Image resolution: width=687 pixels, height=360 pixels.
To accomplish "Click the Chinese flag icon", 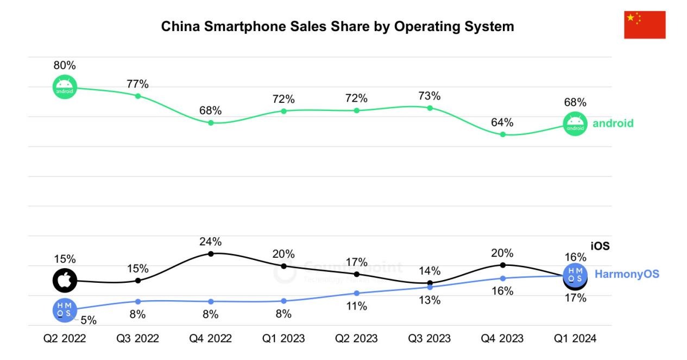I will pos(645,24).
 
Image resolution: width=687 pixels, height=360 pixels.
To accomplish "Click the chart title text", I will pos(337,26).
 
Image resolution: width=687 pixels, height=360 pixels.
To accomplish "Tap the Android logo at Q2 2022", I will pos(65,87).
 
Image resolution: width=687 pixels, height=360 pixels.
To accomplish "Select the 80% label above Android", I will pos(65,65).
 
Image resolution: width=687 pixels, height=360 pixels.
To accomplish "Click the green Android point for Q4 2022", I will pos(211,123).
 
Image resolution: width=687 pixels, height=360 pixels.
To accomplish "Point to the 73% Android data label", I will pos(430,96).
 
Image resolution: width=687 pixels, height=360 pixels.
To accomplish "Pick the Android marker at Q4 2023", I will pos(503,134).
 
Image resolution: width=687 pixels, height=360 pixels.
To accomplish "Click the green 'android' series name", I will pos(613,123).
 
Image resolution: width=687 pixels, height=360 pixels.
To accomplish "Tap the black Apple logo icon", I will pos(65,281).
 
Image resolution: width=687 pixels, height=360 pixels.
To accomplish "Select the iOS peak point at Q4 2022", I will pos(211,253).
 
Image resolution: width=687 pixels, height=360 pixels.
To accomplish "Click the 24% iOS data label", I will pos(211,241).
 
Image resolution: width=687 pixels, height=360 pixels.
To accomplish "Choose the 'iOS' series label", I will pos(600,246).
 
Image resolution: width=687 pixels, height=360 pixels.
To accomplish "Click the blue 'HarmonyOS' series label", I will pos(627,274).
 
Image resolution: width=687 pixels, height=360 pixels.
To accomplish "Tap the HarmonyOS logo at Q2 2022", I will pos(65,310).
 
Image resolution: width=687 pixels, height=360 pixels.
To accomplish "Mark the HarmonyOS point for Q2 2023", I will pos(357,293).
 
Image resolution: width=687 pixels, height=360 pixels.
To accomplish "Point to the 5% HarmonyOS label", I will pos(88,320).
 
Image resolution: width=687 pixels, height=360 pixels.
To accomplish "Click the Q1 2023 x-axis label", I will pos(283,339).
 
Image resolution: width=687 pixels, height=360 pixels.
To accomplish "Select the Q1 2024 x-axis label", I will pos(575,339).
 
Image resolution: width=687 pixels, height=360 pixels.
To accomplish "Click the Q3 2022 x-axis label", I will pos(138,339).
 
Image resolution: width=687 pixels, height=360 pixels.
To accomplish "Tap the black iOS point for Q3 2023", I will pos(430,283).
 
